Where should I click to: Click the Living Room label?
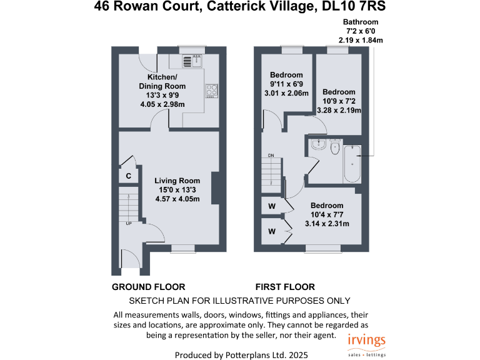[x=177, y=181]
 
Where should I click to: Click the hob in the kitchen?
[x=211, y=91]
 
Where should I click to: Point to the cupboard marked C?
[x=129, y=176]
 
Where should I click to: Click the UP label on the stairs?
[x=129, y=223]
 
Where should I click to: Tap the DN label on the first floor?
[x=271, y=155]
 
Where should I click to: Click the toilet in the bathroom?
[x=335, y=149]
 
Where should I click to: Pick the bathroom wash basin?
[x=319, y=144]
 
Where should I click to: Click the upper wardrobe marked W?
[x=272, y=206]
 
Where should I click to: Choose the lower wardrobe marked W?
[x=272, y=231]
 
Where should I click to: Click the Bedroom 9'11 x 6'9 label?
[x=286, y=75]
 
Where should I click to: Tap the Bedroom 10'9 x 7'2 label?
[x=339, y=92]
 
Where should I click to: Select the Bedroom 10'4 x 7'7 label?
[x=326, y=206]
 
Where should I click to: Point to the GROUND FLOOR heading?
[x=148, y=287]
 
